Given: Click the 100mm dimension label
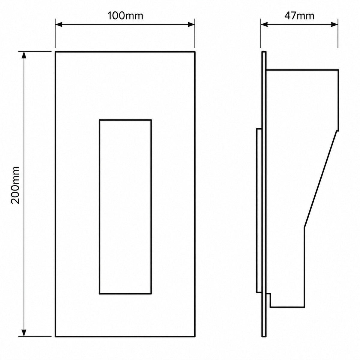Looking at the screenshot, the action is pos(125,16).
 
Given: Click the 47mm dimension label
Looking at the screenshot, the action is pos(299,16).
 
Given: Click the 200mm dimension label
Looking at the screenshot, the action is pos(15,185).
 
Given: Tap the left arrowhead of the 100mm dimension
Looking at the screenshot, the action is pos(59,25).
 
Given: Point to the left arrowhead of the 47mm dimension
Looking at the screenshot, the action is pos(264,25).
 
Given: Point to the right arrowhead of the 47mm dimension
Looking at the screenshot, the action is pos(334,25).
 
